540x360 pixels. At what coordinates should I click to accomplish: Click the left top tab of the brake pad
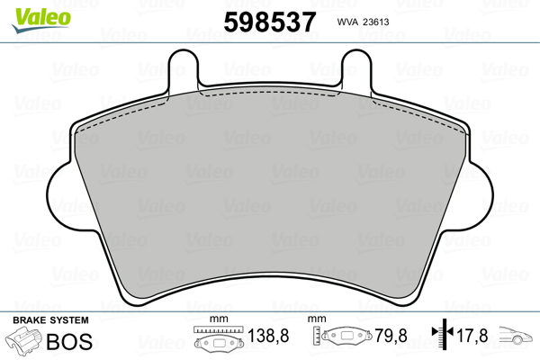[x=184, y=66]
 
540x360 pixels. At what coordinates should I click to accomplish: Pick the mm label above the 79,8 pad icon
[x=316, y=319]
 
